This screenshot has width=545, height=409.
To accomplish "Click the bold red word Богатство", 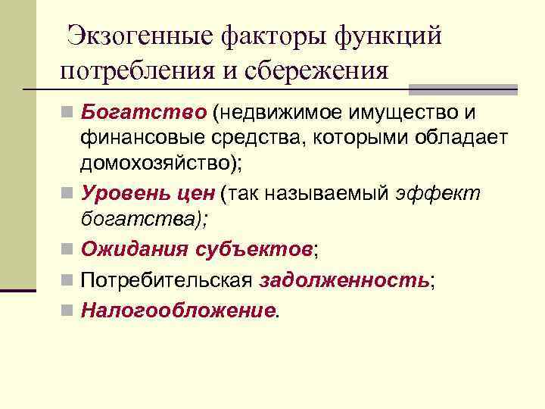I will (143, 113).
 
